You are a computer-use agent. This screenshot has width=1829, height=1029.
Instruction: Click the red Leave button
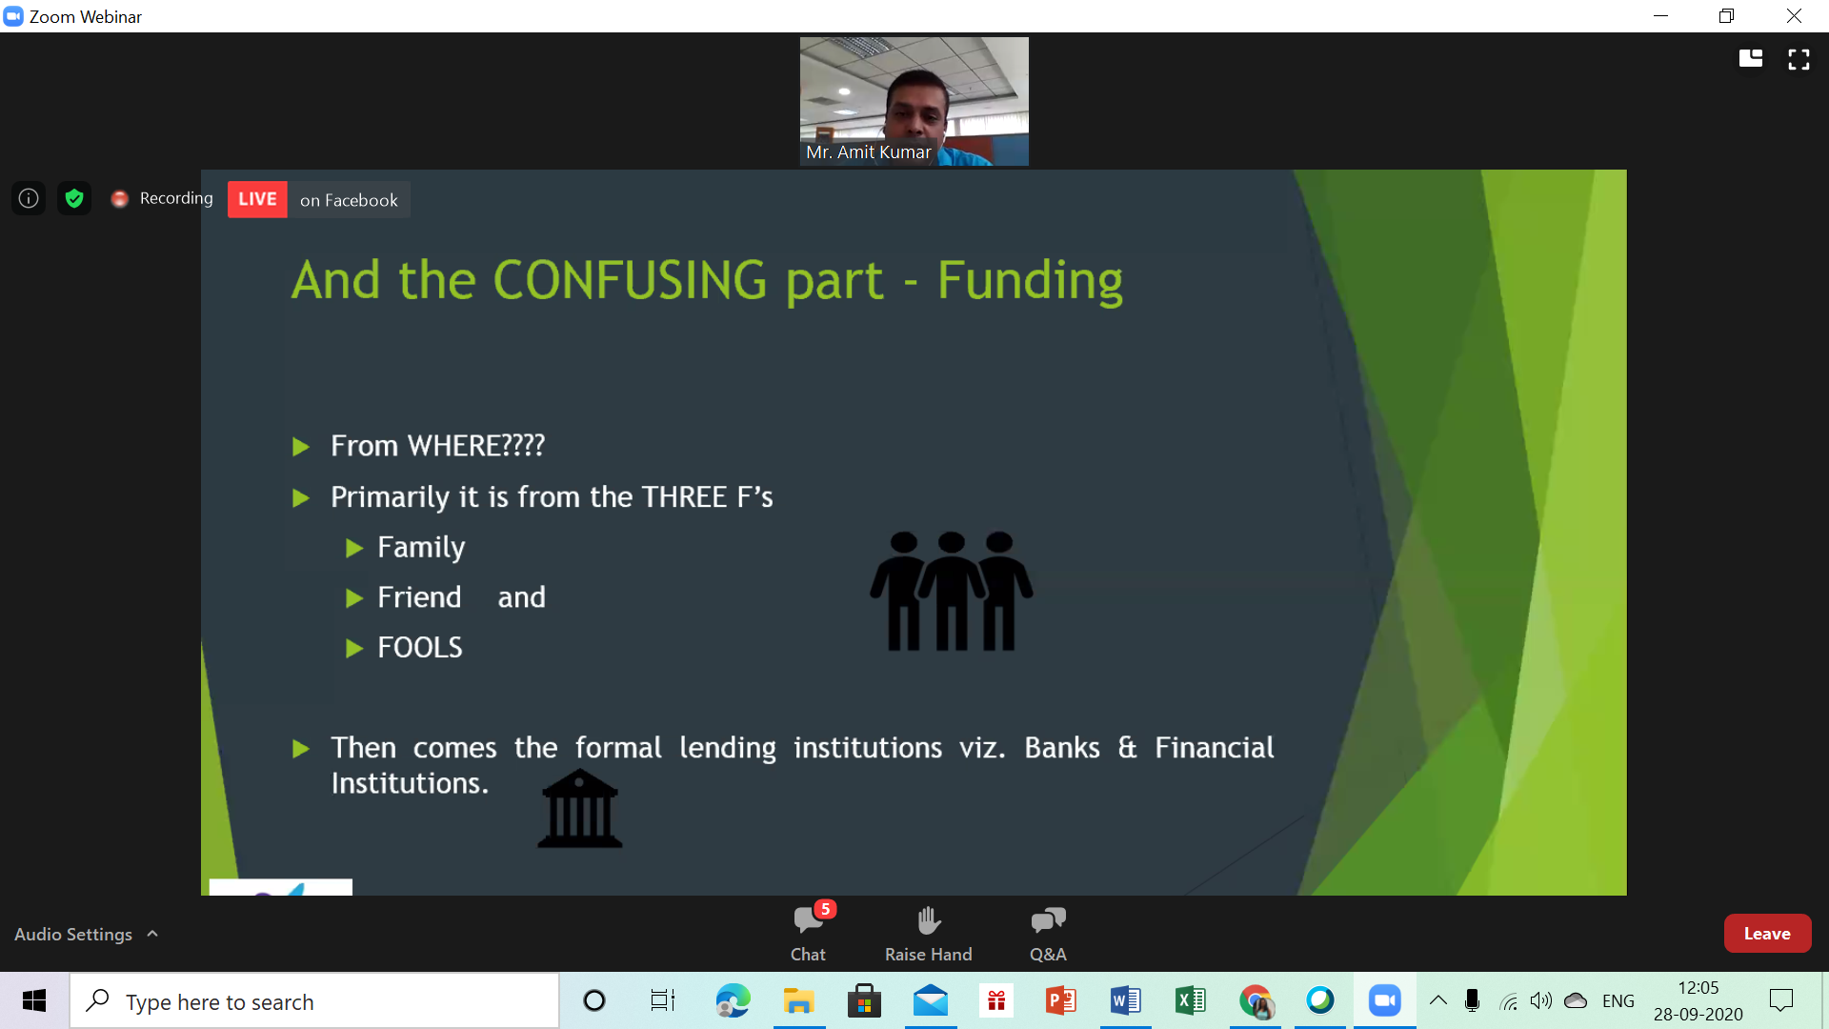[1767, 934]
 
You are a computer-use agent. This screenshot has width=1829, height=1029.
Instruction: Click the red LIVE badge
[257, 199]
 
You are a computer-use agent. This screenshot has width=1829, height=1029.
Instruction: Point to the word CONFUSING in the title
[631, 280]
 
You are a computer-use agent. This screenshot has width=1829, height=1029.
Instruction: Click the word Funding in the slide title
[1030, 282]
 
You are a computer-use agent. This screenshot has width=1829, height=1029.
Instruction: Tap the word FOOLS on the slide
[420, 648]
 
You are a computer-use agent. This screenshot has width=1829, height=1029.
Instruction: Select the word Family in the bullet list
[421, 548]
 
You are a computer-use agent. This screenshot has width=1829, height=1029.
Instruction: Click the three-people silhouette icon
[951, 592]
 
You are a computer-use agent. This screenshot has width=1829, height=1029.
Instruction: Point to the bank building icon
[579, 809]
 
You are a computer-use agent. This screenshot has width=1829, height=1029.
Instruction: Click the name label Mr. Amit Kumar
[868, 152]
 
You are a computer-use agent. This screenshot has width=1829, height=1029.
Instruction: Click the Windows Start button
[34, 1000]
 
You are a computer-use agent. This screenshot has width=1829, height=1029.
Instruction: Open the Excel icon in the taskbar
[1191, 1000]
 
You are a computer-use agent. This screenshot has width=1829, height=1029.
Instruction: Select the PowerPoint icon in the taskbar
[1061, 1000]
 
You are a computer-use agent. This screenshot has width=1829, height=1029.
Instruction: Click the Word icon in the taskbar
[1126, 1000]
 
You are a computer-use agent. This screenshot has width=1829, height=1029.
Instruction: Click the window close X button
[1794, 16]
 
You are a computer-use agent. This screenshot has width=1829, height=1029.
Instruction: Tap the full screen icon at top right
[1799, 60]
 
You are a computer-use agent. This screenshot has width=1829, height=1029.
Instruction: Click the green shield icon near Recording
[74, 198]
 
